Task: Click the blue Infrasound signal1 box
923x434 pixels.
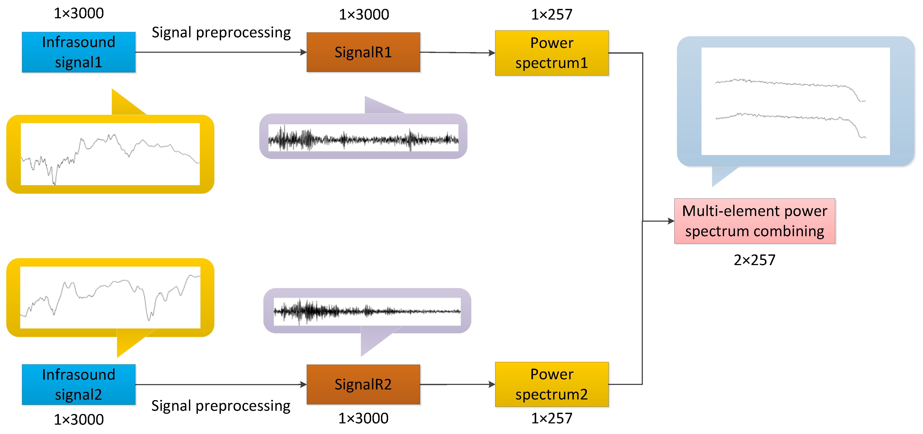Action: point(78,52)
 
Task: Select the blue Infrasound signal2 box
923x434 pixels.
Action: point(78,384)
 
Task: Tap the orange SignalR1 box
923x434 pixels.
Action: point(363,52)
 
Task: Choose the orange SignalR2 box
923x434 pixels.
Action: point(363,384)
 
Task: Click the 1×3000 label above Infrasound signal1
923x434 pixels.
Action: point(78,13)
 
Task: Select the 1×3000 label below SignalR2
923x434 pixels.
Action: point(363,418)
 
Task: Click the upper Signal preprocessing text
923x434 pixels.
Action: point(221,33)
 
